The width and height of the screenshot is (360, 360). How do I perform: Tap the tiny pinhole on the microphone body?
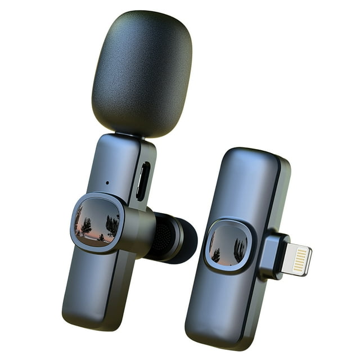(x=107, y=182)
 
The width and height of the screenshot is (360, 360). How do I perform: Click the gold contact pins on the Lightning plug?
(x=300, y=260)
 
